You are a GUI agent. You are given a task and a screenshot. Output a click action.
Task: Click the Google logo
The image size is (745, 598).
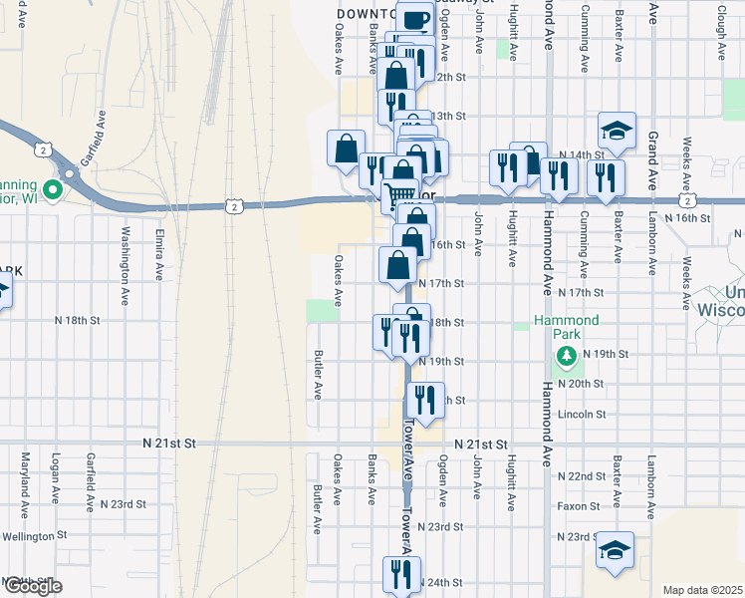click(x=32, y=586)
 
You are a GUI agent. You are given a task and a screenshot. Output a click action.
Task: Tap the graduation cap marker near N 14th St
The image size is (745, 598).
click(x=617, y=131)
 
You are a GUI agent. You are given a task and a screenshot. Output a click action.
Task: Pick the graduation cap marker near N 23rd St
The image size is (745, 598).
click(x=615, y=549)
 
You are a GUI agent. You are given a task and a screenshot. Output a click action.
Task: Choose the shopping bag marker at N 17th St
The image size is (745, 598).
click(x=397, y=265)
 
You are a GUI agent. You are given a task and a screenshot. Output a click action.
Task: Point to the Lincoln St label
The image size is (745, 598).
click(x=583, y=414)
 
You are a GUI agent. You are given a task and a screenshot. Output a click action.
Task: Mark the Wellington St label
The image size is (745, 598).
click(x=34, y=535)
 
